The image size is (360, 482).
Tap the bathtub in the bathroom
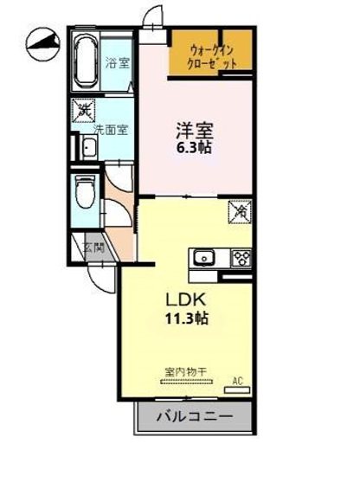(86, 61)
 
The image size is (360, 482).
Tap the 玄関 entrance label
(93, 248)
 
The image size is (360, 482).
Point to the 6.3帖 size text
(194, 148)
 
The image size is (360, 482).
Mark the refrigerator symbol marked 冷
(240, 209)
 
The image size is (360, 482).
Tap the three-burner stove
(239, 257)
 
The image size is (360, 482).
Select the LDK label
(185, 299)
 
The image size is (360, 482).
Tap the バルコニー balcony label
(195, 418)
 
